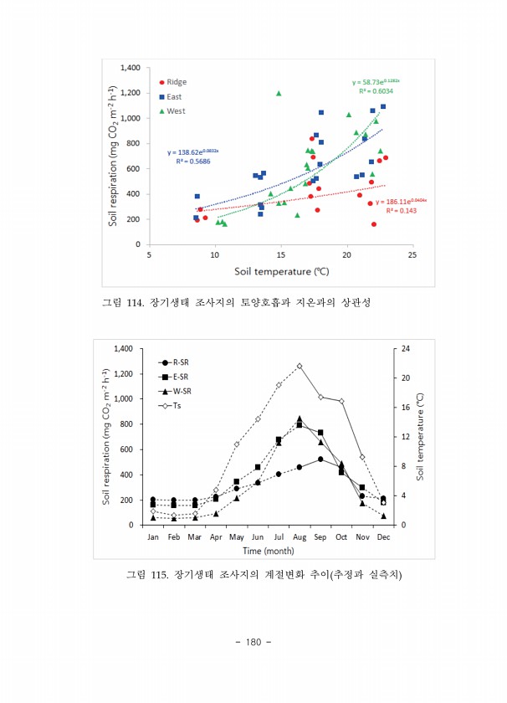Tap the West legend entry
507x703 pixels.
(175, 110)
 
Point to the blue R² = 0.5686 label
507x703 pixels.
(193, 161)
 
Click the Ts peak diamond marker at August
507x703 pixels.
(300, 366)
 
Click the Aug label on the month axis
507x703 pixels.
(300, 536)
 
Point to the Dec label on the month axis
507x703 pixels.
(383, 536)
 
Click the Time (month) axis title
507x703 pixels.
(268, 551)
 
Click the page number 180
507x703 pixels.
(253, 642)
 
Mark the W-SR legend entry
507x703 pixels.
(179, 391)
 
